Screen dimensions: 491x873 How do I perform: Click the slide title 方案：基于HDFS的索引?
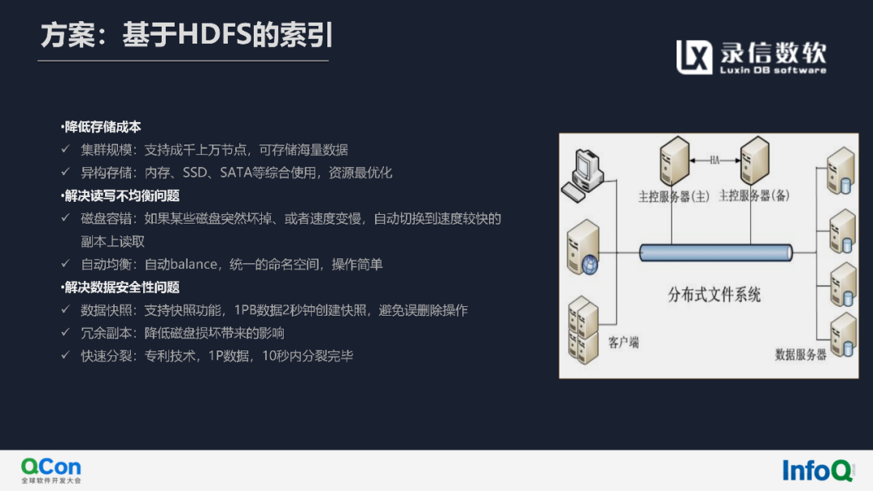coord(187,35)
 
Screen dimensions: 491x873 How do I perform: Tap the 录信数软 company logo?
coord(751,57)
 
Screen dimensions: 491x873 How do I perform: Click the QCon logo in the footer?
coord(51,469)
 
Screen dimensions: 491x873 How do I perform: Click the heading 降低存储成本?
coord(101,127)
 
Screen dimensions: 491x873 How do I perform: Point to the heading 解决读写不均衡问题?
coord(120,195)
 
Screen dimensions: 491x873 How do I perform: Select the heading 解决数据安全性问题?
coord(120,287)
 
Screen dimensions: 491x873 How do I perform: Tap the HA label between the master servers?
coord(715,160)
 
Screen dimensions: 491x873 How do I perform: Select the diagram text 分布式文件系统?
coord(715,295)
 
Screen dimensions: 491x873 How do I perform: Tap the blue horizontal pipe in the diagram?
coord(715,253)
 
